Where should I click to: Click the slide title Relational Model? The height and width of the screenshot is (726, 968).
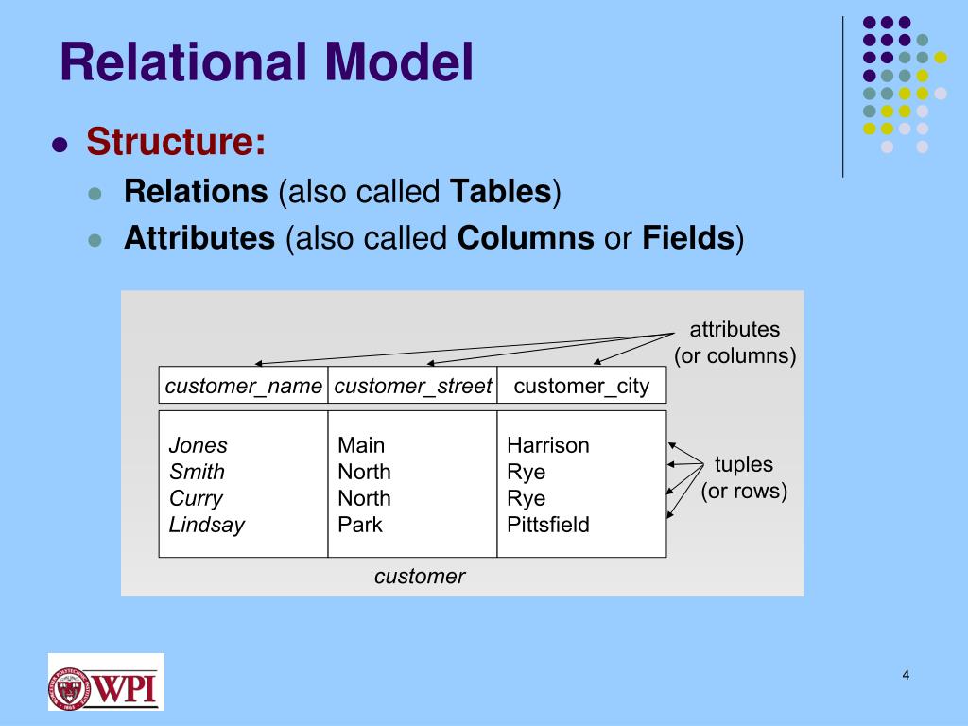point(266,62)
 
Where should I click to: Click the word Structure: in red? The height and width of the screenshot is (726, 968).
point(176,143)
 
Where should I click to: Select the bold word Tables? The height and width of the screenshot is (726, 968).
point(500,192)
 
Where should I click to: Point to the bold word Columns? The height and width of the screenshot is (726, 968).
point(526,238)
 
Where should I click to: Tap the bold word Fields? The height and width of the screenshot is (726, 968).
point(687,238)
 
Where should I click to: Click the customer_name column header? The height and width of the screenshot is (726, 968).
point(244,386)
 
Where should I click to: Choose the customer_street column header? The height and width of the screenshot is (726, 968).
point(413,386)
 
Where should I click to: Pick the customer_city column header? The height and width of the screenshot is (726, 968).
point(581,386)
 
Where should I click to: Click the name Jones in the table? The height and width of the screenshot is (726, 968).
point(199,445)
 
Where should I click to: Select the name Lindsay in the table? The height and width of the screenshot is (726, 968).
point(207,525)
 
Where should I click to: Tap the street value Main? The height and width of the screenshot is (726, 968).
point(361,445)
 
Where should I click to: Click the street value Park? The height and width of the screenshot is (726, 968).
point(360,525)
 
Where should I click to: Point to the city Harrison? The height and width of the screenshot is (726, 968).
point(548,445)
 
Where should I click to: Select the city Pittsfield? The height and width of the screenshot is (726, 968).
point(548,525)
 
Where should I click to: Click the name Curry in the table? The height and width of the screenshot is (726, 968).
point(196,498)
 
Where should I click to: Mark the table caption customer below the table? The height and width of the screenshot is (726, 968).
point(420,576)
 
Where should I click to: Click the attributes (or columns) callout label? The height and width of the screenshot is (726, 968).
point(735,343)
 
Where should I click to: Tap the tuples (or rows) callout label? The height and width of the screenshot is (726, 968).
point(744,478)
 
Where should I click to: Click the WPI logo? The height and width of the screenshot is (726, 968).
point(106,682)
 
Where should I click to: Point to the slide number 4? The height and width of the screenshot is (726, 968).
point(906,675)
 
